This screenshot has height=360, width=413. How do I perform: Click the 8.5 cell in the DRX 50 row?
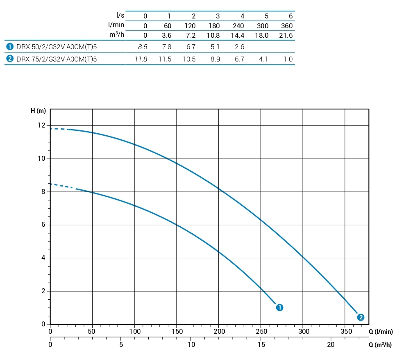(143, 47)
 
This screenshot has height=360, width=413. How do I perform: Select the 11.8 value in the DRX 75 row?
(141, 59)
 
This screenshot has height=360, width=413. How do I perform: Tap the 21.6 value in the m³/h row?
(286, 35)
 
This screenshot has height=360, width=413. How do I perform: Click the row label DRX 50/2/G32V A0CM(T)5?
(57, 47)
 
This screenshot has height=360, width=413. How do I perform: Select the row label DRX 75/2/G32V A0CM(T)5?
(57, 59)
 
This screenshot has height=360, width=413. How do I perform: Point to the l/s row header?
(120, 16)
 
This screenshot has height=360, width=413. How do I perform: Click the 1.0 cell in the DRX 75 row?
(288, 59)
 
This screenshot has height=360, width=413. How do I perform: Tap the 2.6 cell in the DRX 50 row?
(239, 47)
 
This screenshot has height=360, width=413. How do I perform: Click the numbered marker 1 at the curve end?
(280, 307)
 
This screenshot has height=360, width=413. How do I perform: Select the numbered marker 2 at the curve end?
(361, 317)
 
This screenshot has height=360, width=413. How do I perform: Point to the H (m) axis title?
(38, 111)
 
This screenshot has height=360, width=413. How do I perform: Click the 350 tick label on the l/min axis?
(345, 332)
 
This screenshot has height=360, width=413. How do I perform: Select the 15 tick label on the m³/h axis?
(261, 345)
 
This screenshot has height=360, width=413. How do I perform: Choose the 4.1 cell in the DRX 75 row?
(263, 59)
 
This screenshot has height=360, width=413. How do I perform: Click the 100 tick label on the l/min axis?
(134, 332)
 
